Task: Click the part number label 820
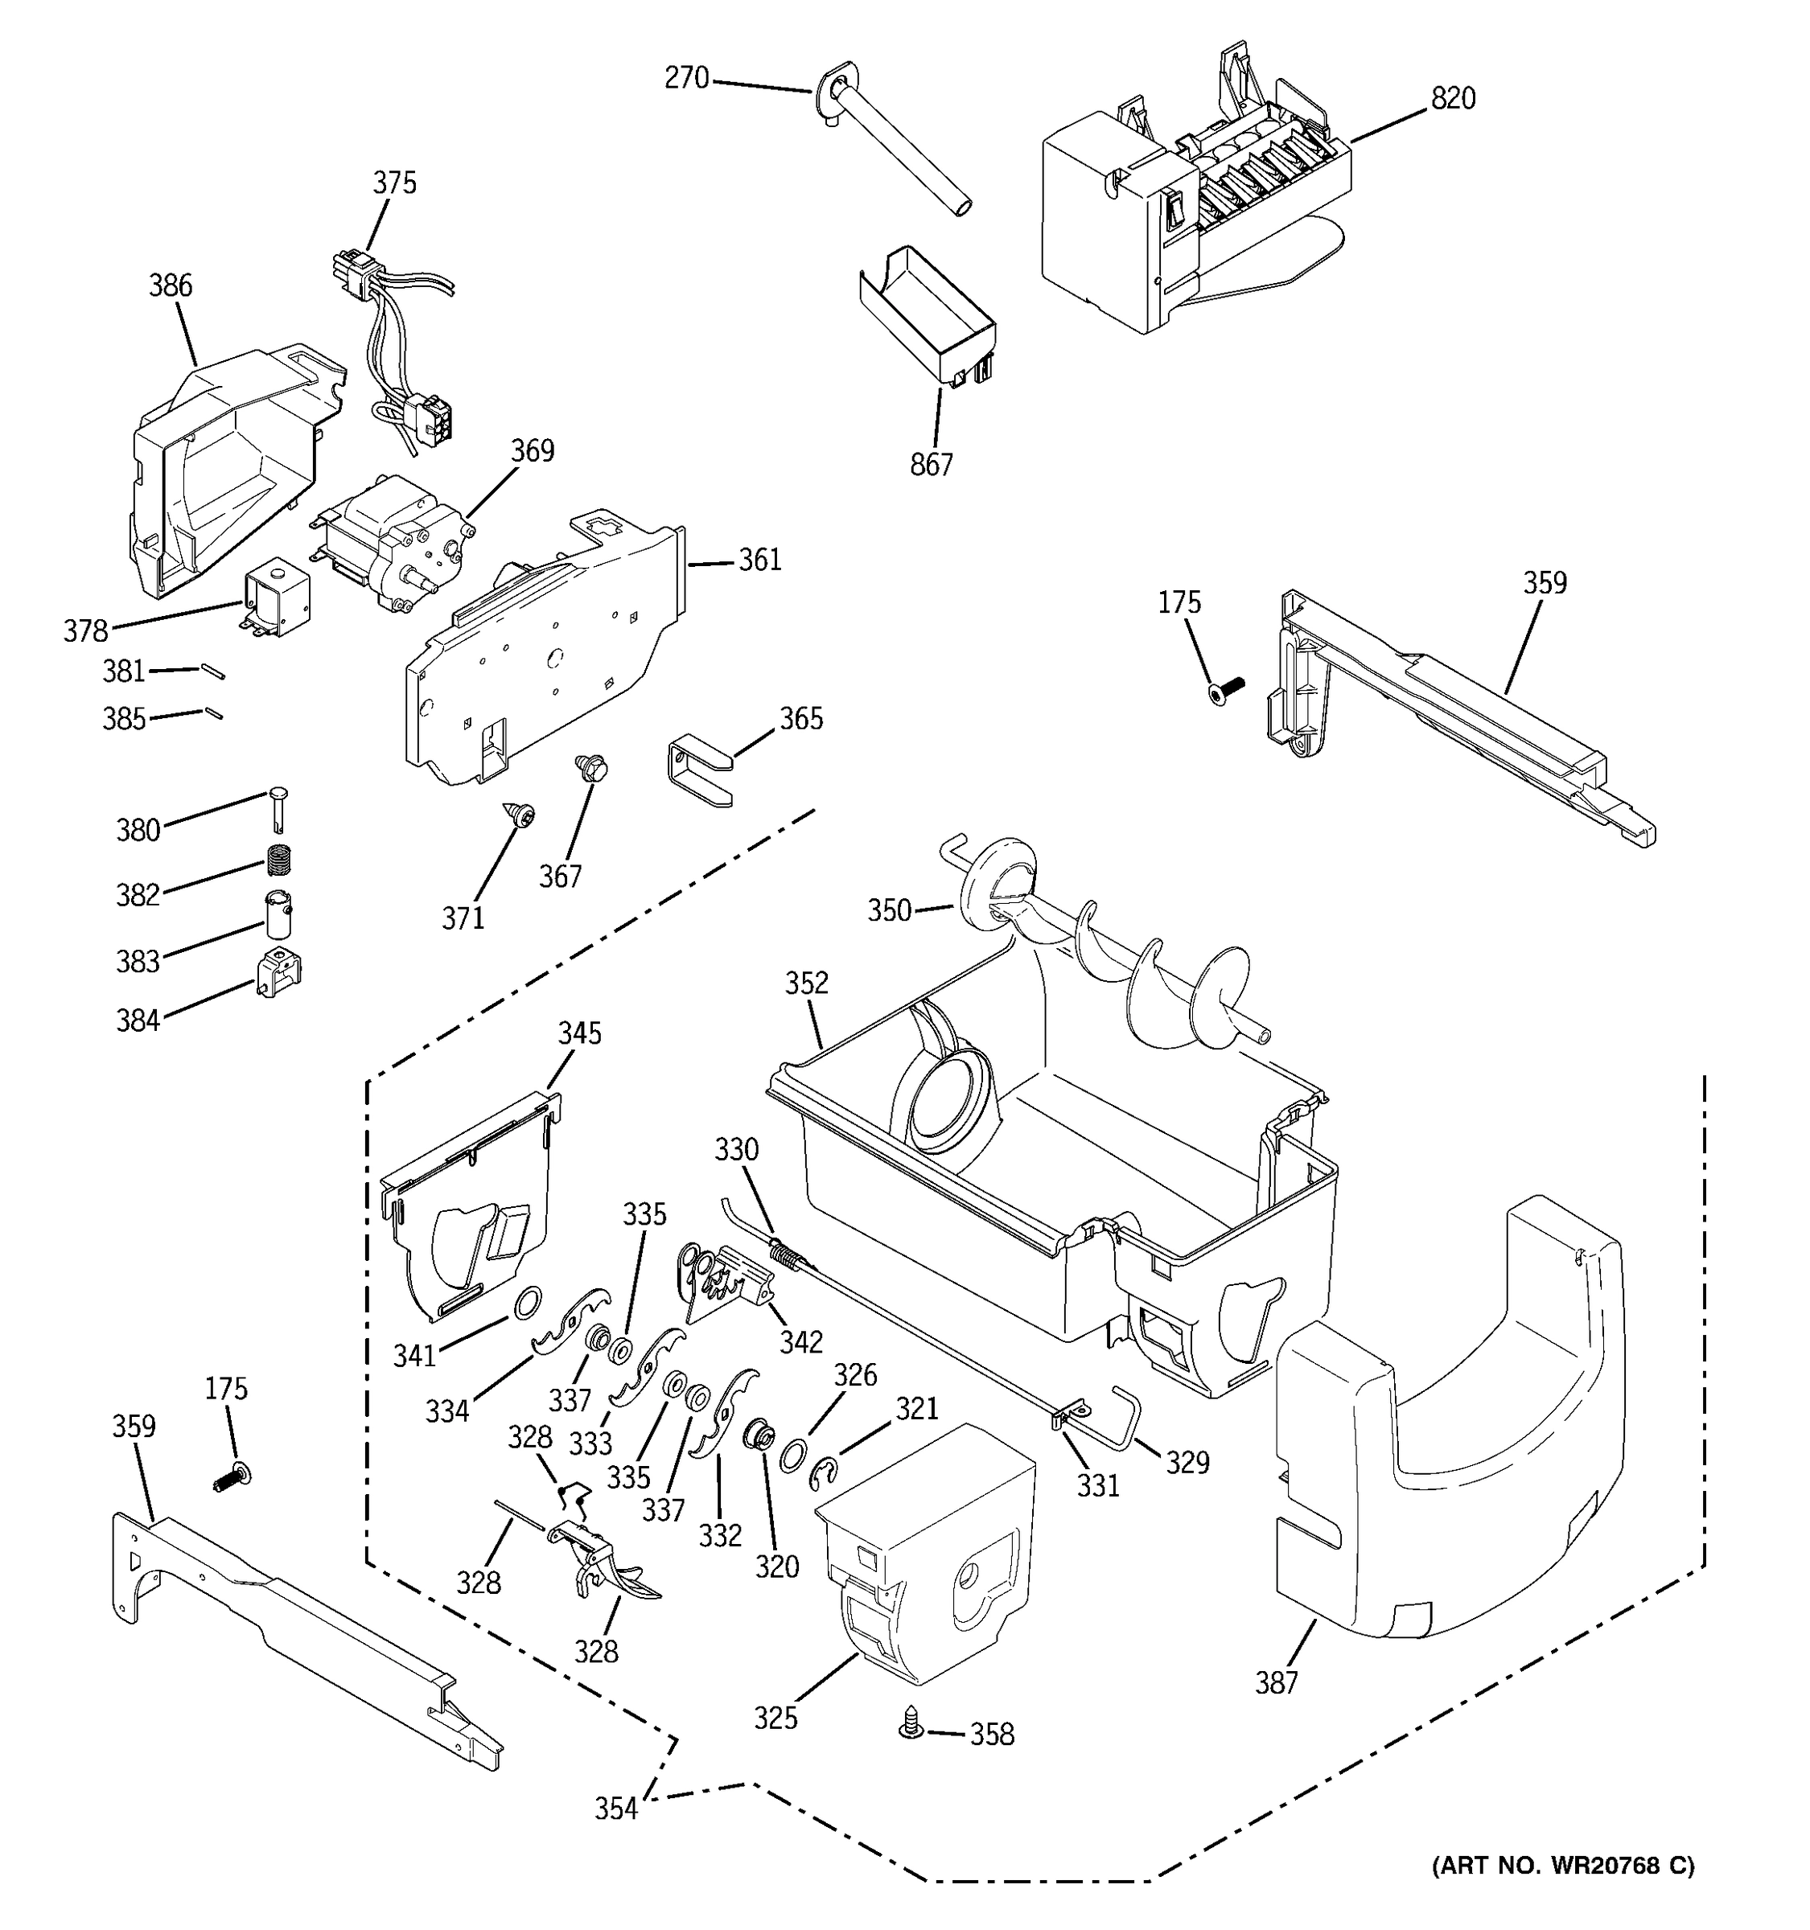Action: pos(1453,99)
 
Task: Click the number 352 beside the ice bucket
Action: pos(807,983)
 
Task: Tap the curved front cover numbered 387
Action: pos(1447,1456)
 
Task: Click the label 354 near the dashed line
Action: pos(616,1808)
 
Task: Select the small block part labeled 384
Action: pos(278,974)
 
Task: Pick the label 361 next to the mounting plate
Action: pos(759,561)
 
